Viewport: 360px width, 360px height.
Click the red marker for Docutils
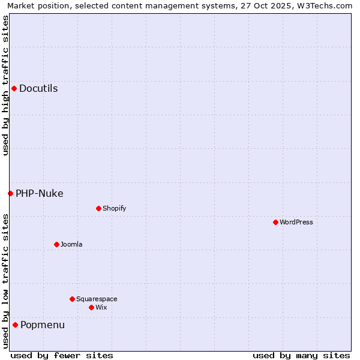[14, 89]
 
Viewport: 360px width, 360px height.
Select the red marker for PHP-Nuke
[10, 193]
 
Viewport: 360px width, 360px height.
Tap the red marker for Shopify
[98, 208]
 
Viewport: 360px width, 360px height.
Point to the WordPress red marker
[275, 222]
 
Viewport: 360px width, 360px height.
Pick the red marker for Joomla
[56, 244]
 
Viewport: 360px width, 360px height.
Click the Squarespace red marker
[72, 299]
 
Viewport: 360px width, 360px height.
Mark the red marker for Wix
[91, 307]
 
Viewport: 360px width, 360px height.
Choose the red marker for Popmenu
[15, 325]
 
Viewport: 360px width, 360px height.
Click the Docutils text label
[38, 89]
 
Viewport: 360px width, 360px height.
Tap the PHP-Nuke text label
[40, 193]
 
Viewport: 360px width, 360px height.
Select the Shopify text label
[114, 208]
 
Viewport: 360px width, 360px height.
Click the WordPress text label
[296, 222]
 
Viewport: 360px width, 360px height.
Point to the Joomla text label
[71, 244]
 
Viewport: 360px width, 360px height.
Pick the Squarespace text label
[97, 299]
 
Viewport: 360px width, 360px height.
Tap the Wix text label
[101, 307]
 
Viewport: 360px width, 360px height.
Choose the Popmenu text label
[43, 325]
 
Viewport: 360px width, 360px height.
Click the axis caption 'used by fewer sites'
[62, 355]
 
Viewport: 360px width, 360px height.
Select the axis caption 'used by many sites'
[301, 355]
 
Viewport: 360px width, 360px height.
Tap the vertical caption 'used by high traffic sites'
[5, 85]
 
